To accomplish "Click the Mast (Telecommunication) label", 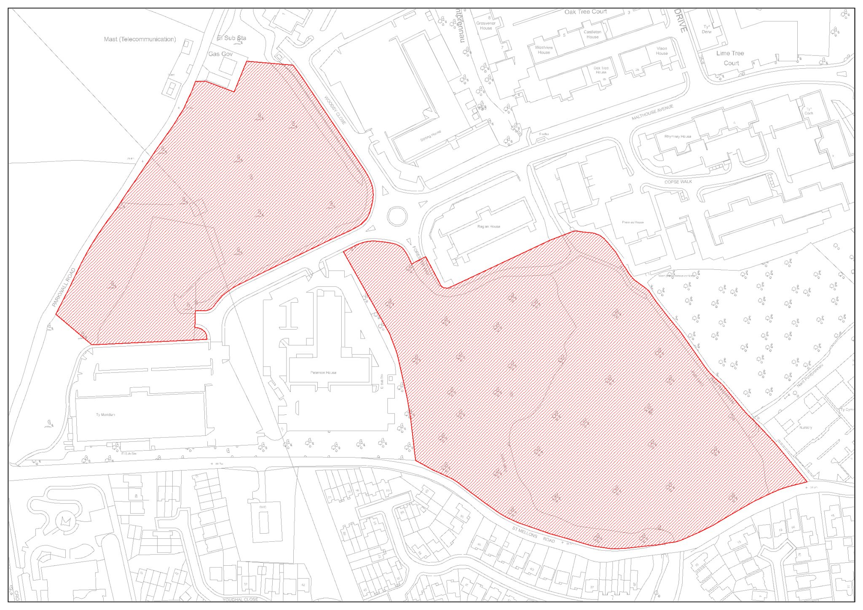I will click(x=140, y=39).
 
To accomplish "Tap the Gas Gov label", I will click(x=220, y=54).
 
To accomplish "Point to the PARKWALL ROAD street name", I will click(x=64, y=287).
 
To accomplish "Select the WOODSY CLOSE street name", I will click(x=335, y=110).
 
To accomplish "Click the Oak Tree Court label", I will click(x=586, y=12).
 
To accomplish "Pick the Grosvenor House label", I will click(x=486, y=26).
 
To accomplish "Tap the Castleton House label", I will click(x=592, y=34).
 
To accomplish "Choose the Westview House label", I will click(x=544, y=50).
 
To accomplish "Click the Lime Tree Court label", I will click(x=730, y=58).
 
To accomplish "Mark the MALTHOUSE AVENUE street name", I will click(x=652, y=112).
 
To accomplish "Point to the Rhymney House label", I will click(x=678, y=137).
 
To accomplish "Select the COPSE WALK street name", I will click(x=678, y=182).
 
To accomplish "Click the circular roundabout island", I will click(x=397, y=216).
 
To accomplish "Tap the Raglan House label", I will click(x=489, y=226).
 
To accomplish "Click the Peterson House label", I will click(x=323, y=373).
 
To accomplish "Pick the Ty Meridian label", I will click(x=105, y=415).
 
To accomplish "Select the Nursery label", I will click(x=805, y=427).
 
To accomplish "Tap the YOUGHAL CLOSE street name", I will click(x=240, y=599).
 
